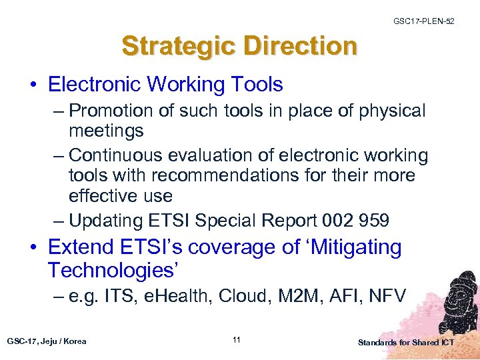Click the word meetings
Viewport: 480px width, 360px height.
pyautogui.click(x=106, y=131)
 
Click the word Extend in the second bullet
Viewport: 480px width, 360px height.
pyautogui.click(x=82, y=247)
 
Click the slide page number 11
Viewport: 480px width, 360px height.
pyautogui.click(x=237, y=341)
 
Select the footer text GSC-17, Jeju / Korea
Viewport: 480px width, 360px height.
pyautogui.click(x=47, y=341)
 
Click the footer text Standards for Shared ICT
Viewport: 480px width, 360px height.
pyautogui.click(x=406, y=343)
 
